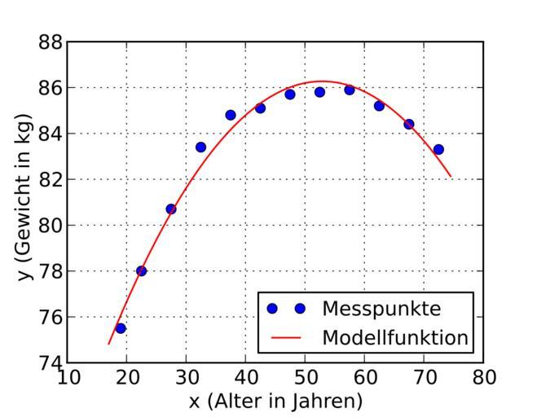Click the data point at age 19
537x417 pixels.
pyautogui.click(x=121, y=328)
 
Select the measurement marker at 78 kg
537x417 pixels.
pyautogui.click(x=141, y=270)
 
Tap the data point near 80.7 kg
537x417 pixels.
pyautogui.click(x=171, y=209)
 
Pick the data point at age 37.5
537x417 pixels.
pyautogui.click(x=231, y=115)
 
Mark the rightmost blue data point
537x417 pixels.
pyautogui.click(x=438, y=149)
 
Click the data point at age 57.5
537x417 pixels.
pyautogui.click(x=350, y=90)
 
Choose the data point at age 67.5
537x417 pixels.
pyautogui.click(x=409, y=124)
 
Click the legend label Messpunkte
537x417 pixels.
pyautogui.click(x=381, y=309)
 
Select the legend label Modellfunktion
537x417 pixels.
pyautogui.click(x=395, y=337)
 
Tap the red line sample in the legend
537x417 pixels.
pyautogui.click(x=286, y=337)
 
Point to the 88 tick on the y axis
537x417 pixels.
pyautogui.click(x=51, y=42)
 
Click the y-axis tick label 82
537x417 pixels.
pyautogui.click(x=51, y=179)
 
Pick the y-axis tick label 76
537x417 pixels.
pyautogui.click(x=51, y=317)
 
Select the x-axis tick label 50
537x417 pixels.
pyautogui.click(x=305, y=377)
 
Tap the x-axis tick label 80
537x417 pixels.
pyautogui.click(x=483, y=377)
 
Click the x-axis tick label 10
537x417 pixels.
pyautogui.click(x=68, y=377)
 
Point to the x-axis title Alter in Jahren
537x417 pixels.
pyautogui.click(x=275, y=401)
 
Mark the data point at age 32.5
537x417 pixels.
pyautogui.click(x=200, y=147)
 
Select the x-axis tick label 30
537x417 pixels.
pyautogui.click(x=186, y=377)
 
